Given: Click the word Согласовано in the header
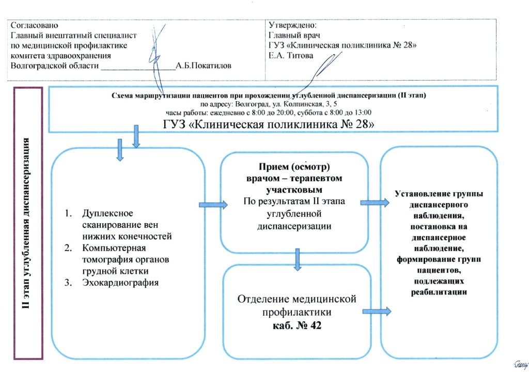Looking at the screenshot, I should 35,25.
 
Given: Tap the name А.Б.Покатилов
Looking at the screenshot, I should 204,66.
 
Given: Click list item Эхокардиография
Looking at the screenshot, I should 120,282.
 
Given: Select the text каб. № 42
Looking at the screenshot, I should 298,326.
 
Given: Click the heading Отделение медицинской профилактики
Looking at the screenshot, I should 297,305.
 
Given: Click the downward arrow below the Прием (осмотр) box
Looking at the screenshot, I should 297,259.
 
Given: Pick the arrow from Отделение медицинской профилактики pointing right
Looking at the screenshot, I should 377,311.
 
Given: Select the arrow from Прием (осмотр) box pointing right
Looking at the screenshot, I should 375,203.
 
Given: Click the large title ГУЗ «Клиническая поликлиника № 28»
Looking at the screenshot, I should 268,124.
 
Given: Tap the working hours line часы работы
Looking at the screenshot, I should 269,113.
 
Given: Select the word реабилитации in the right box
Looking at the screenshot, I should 440,292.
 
